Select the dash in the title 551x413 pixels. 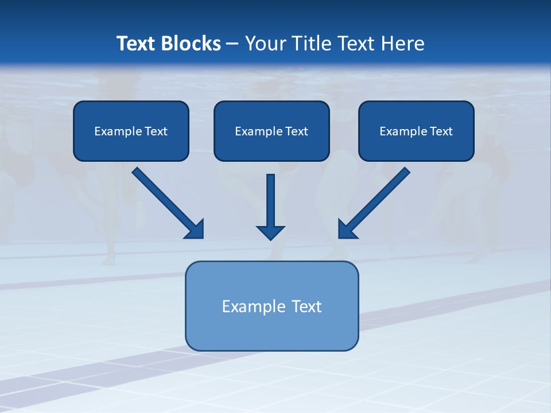click(x=232, y=44)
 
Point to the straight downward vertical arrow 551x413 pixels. click(x=271, y=201)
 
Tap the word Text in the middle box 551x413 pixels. click(x=297, y=131)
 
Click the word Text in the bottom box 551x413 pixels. click(x=307, y=306)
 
